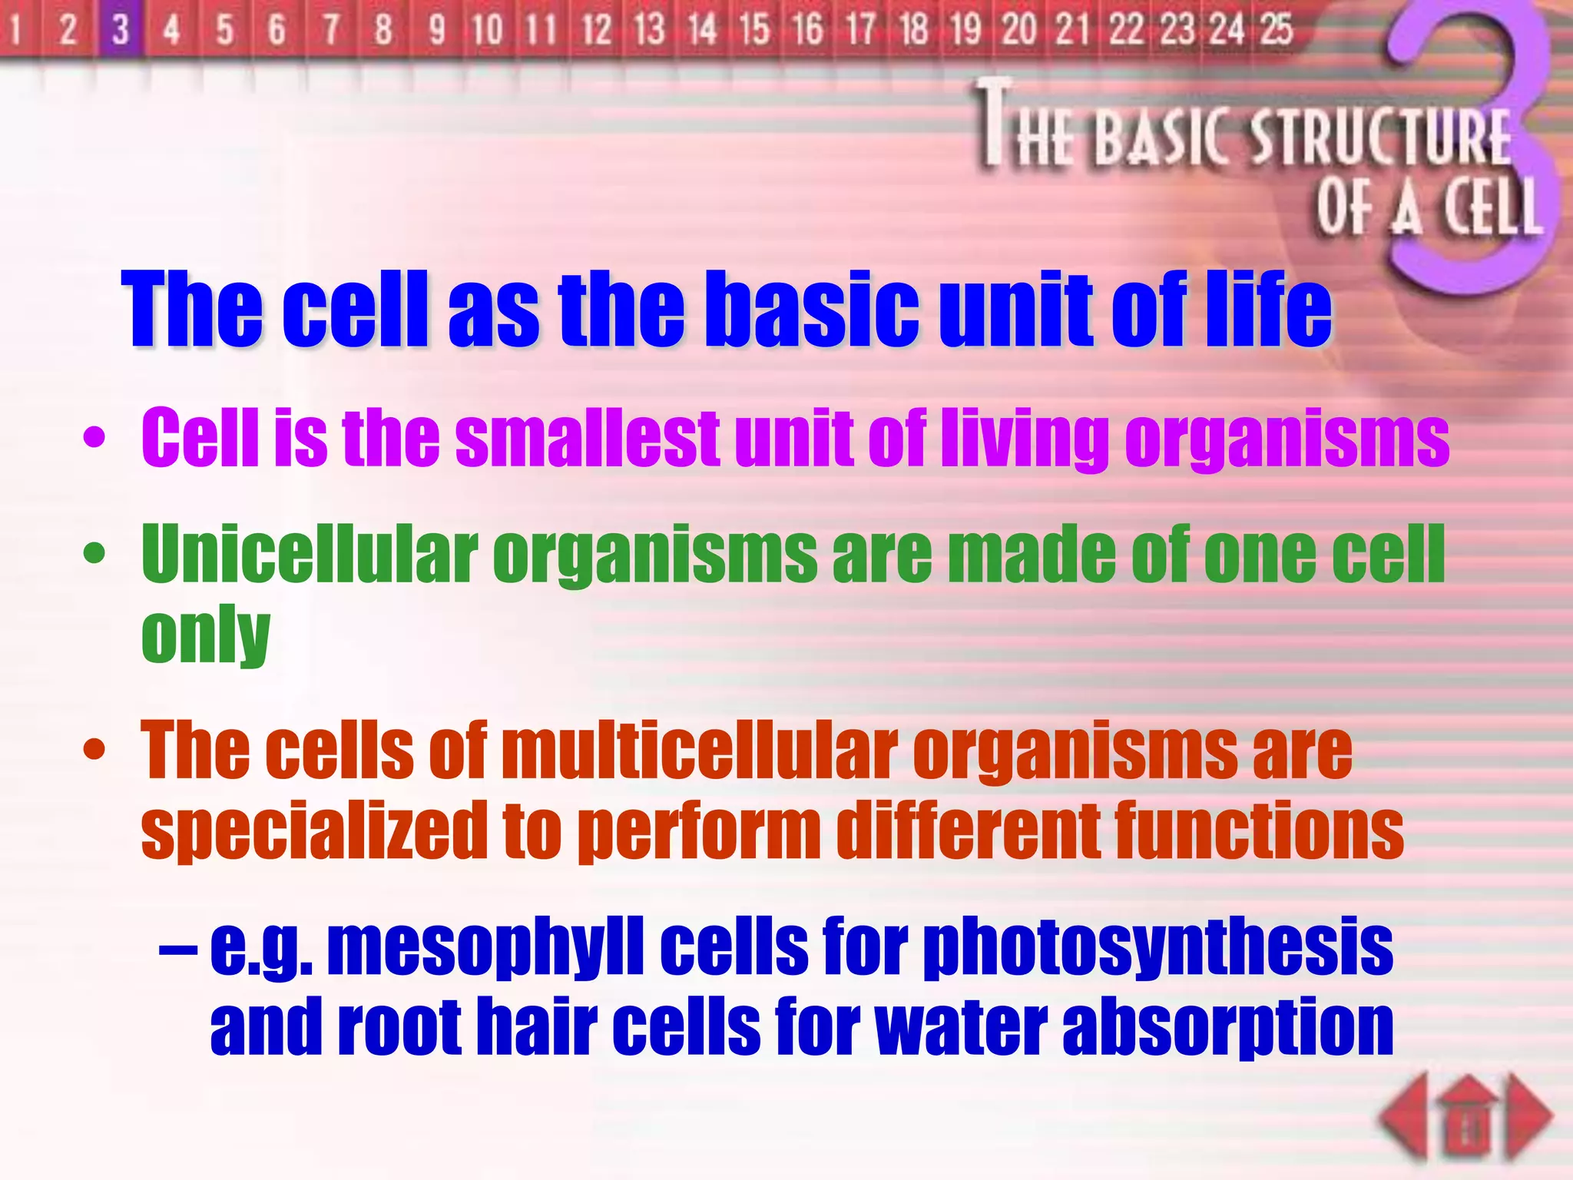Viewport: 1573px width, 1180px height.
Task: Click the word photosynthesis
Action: pyautogui.click(x=1157, y=948)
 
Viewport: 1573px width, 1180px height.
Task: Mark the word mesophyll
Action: pyautogui.click(x=485, y=948)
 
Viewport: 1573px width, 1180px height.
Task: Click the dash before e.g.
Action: pyautogui.click(x=177, y=950)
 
